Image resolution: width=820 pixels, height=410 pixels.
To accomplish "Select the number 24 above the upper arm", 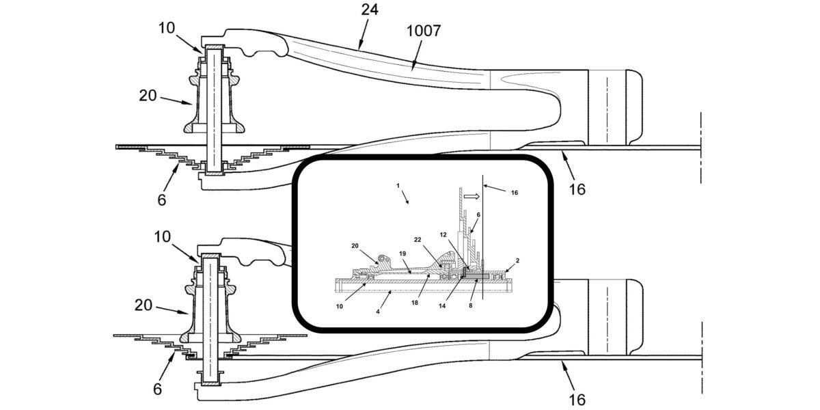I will pyautogui.click(x=369, y=10).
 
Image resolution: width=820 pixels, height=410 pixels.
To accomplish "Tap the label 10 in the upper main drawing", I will pyautogui.click(x=167, y=28).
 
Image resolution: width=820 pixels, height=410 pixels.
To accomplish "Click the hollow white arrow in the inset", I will pyautogui.click(x=471, y=196).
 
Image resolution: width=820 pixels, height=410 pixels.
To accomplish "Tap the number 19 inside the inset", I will pyautogui.click(x=402, y=253).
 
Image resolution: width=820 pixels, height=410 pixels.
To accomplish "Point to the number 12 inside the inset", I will pyautogui.click(x=443, y=234).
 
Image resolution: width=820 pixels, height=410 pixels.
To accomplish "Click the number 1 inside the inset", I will pyautogui.click(x=398, y=186).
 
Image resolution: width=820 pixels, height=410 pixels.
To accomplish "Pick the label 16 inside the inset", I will pyautogui.click(x=515, y=193).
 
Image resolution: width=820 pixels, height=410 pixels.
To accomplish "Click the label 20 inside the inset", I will pyautogui.click(x=355, y=245).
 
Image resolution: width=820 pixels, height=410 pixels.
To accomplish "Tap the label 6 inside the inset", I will pyautogui.click(x=478, y=215).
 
